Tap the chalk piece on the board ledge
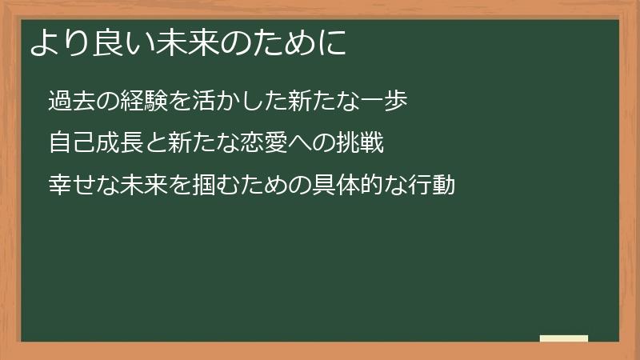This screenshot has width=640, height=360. point(563,338)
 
